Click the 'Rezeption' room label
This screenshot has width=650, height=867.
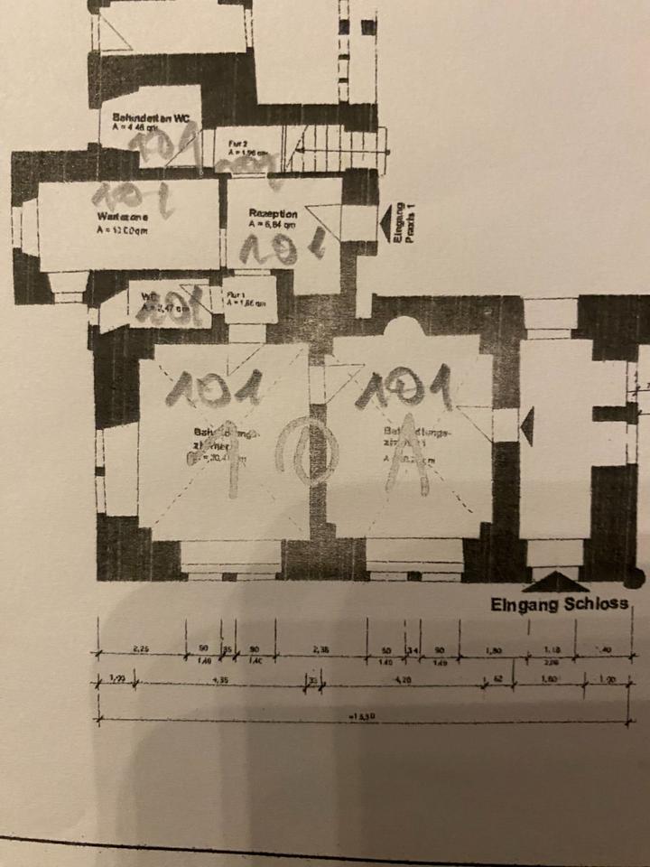point(274,214)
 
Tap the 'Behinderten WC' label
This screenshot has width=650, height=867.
point(150,117)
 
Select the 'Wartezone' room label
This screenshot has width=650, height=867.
point(121,217)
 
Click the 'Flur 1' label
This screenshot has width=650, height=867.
point(237,294)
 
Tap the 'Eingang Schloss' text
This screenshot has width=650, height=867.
point(559,604)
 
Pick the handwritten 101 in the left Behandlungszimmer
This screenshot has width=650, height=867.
point(218,388)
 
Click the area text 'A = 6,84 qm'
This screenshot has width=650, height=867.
point(274,226)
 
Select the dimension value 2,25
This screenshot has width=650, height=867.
point(141,648)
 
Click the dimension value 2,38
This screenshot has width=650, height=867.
point(320,648)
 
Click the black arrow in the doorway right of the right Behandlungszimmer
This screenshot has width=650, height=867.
point(528,426)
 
